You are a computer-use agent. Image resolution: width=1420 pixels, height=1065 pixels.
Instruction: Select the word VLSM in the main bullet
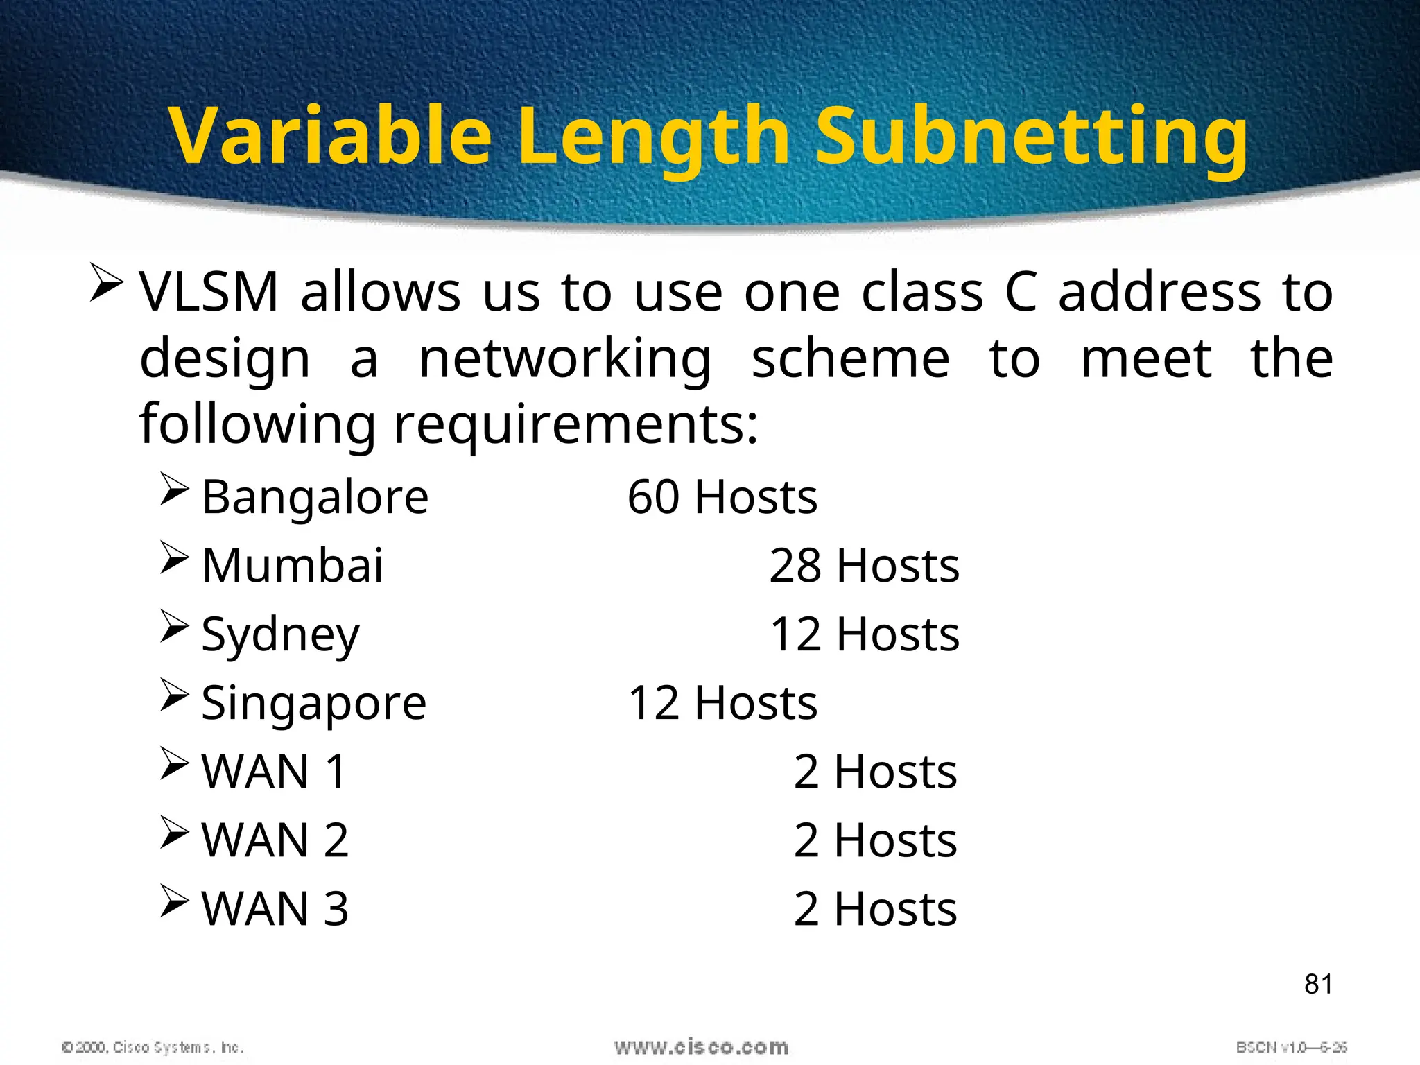(x=209, y=292)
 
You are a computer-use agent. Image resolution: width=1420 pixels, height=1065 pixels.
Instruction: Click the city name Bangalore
(x=315, y=497)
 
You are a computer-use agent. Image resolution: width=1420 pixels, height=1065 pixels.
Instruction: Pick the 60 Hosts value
(x=722, y=497)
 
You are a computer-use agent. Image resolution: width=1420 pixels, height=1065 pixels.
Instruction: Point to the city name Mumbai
(x=292, y=566)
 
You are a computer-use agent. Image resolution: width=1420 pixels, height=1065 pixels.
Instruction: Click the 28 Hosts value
(x=864, y=566)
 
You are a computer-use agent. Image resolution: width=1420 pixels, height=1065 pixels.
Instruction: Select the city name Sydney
(x=280, y=635)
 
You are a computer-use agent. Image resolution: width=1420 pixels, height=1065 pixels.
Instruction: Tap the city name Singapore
(x=313, y=704)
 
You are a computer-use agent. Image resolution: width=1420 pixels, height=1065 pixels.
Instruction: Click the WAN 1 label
(x=274, y=772)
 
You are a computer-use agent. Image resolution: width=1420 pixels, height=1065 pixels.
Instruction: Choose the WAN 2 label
(x=275, y=840)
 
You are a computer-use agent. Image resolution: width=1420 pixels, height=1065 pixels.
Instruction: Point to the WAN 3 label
(x=275, y=909)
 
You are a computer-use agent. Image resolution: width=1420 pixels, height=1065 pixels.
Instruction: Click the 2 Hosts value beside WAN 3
(x=875, y=909)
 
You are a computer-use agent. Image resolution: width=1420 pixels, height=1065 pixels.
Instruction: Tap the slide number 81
(x=1318, y=984)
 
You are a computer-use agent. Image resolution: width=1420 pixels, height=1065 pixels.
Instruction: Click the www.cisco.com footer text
(x=701, y=1047)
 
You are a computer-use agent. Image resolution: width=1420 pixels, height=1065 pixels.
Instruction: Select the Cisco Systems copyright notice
(x=153, y=1047)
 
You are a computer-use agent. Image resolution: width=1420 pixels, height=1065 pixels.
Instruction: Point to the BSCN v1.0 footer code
(x=1291, y=1047)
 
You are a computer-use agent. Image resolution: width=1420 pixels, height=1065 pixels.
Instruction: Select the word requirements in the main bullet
(x=576, y=424)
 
